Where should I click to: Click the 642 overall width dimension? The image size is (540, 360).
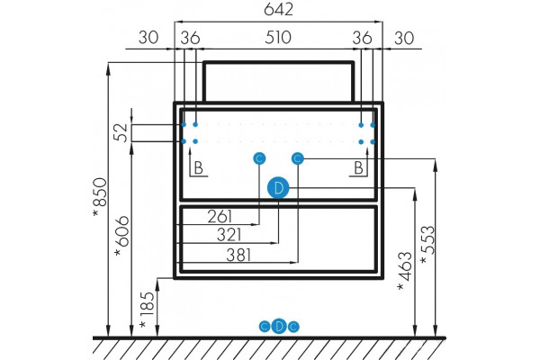278,9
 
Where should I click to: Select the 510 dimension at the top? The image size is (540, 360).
278,38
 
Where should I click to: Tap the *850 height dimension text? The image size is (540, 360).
100,197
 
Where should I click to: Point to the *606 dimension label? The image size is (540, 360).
122,236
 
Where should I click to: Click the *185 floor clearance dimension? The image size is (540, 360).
147,310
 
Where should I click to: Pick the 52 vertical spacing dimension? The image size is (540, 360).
121,132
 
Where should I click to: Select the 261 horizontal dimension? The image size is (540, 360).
220,217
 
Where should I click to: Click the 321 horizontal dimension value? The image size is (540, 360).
229,235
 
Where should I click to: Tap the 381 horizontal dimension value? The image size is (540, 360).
238,256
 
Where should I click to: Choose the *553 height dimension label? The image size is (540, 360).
428,245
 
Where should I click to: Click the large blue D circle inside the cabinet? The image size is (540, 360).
278,188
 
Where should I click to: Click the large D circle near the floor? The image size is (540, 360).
279,326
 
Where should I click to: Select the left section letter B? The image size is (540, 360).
199,168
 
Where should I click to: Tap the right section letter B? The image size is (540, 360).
358,168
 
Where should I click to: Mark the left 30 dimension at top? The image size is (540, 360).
148,38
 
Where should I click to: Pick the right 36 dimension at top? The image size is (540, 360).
363,38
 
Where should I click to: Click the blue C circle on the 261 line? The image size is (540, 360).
259,158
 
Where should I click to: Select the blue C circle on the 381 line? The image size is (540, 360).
298,158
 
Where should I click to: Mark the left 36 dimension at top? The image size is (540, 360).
190,38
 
